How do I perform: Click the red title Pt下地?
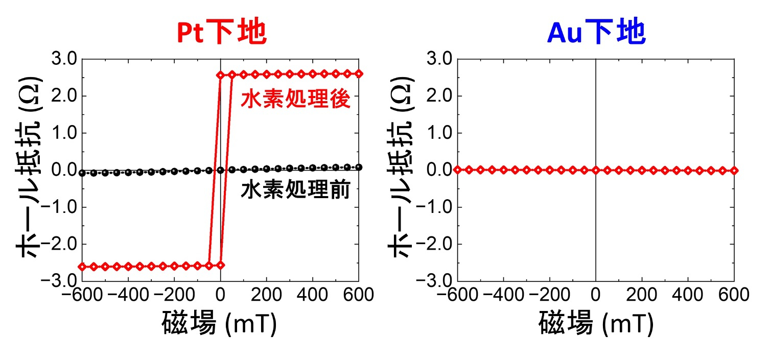click(x=221, y=33)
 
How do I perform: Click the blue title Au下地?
click(x=596, y=33)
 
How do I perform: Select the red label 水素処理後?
click(x=295, y=100)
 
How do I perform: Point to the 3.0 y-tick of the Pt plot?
click(x=64, y=59)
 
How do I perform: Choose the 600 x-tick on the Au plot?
click(x=734, y=295)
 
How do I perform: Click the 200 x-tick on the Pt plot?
click(x=266, y=295)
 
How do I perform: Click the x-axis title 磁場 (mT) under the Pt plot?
click(x=220, y=324)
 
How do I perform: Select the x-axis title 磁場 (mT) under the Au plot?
click(x=596, y=324)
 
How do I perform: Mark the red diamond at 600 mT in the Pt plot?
click(x=359, y=74)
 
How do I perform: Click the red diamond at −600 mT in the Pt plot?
click(x=82, y=266)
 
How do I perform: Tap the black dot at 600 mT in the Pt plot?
click(x=359, y=167)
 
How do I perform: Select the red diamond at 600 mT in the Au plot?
click(x=734, y=171)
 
